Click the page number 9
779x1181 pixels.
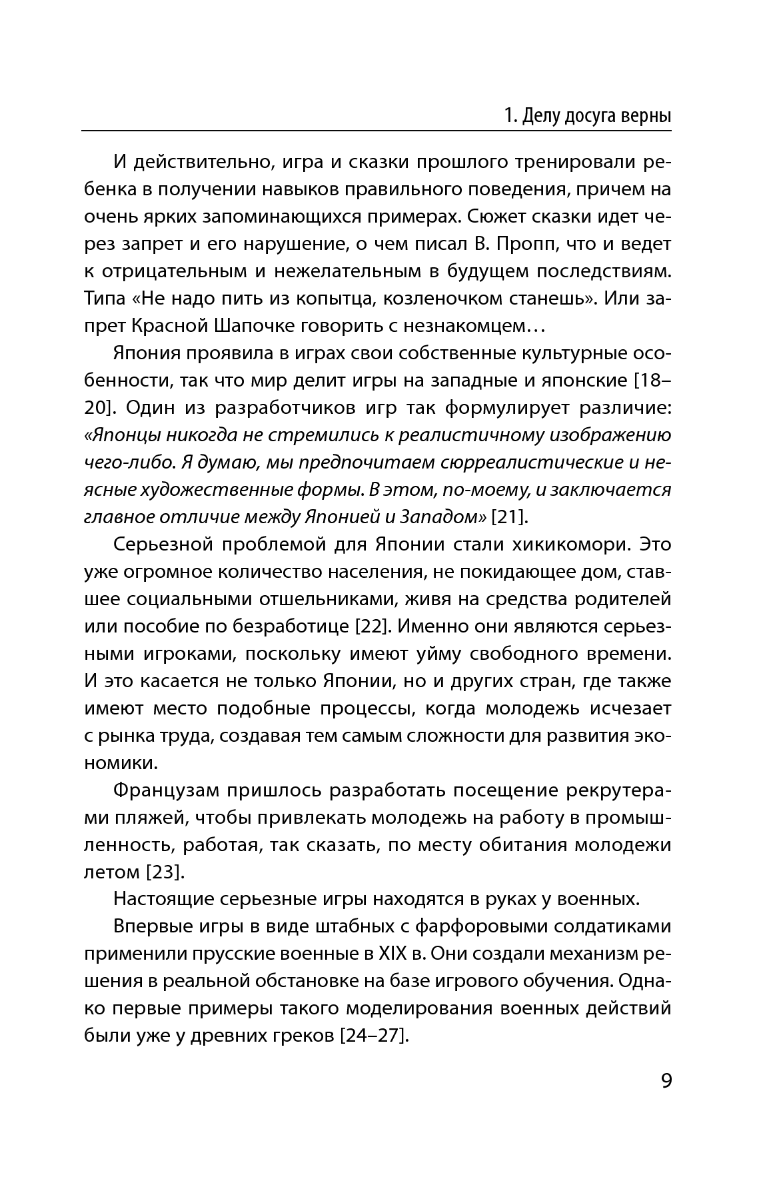click(x=666, y=1080)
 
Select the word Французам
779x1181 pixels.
click(x=166, y=790)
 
